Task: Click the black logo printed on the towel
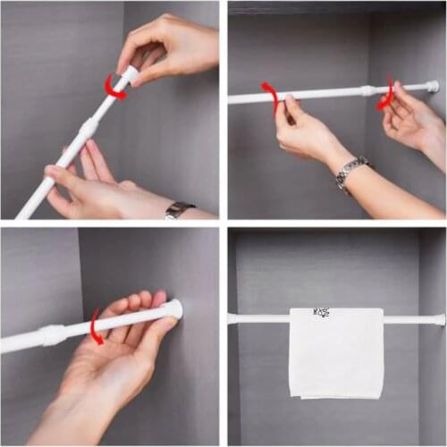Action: pos(321,313)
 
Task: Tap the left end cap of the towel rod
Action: pos(232,318)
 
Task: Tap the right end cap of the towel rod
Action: pos(439,319)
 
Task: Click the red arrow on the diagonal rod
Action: pos(114,87)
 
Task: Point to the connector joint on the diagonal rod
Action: pos(88,130)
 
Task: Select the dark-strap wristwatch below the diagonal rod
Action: pos(178,210)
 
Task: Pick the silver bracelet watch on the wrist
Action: pos(351,173)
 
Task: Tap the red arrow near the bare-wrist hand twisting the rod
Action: pos(386,94)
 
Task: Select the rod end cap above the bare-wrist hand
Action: pos(433,87)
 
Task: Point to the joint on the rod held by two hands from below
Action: pos(367,90)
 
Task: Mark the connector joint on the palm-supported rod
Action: pos(52,334)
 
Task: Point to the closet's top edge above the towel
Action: pos(335,231)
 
